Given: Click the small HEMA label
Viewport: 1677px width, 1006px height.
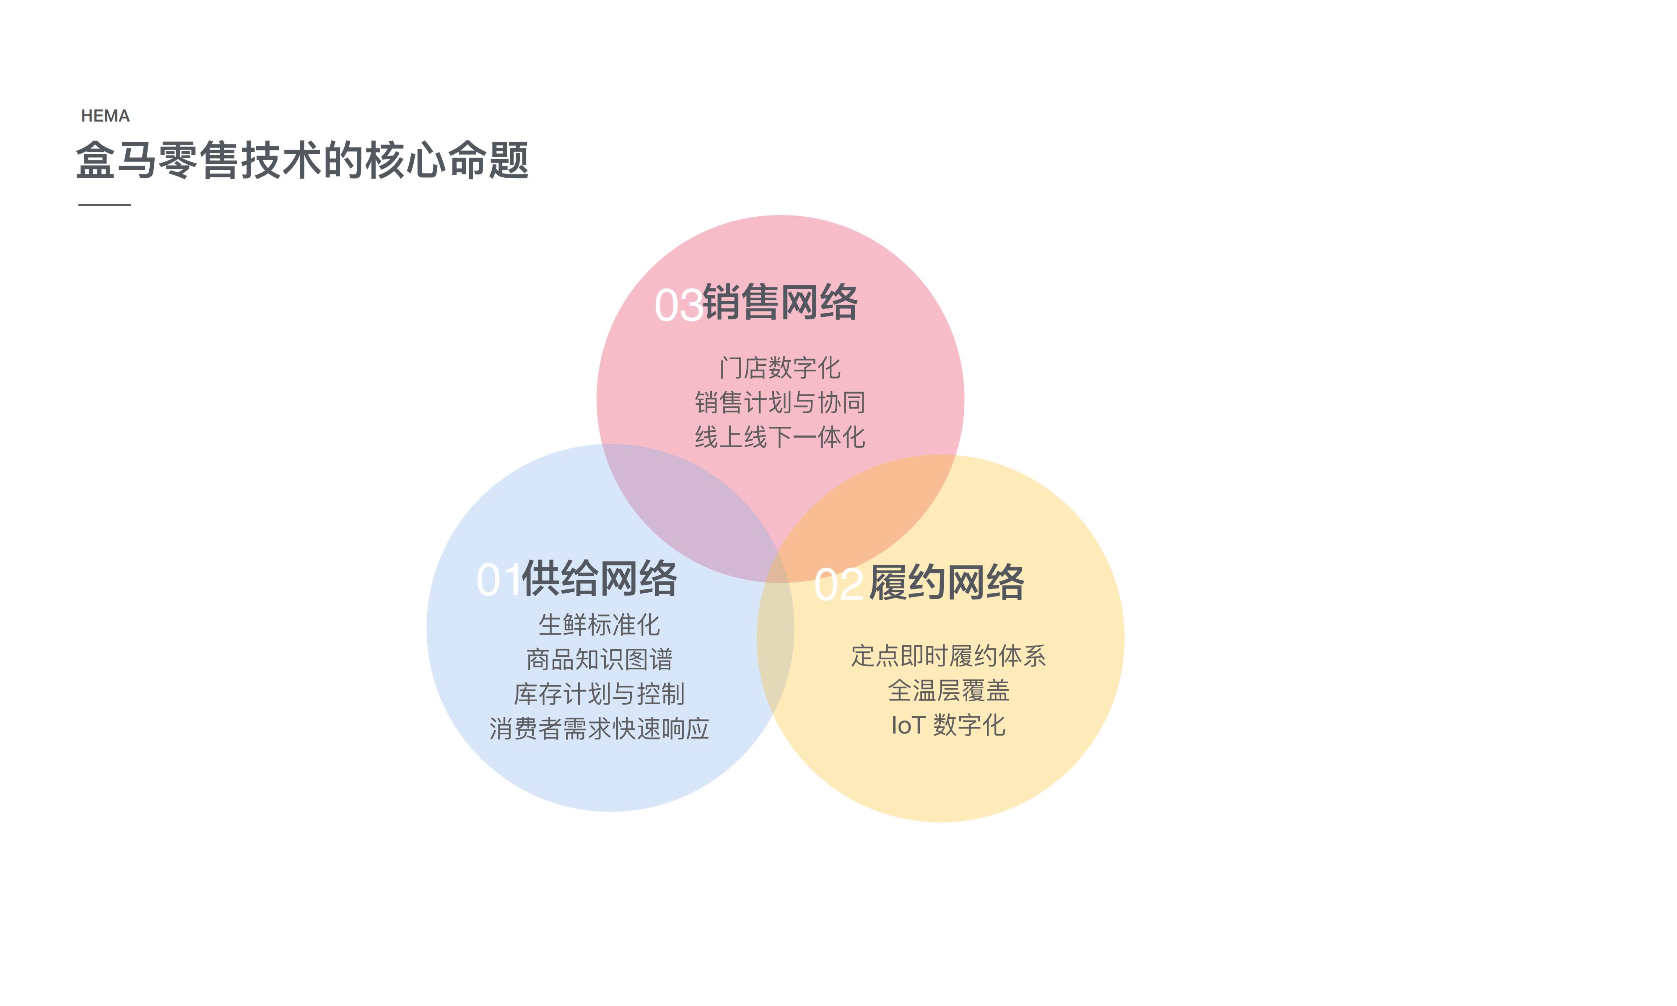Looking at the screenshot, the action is pos(105,116).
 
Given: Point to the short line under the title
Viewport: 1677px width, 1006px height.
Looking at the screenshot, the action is pos(104,204).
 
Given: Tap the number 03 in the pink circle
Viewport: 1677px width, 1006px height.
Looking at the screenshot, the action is pos(678,305).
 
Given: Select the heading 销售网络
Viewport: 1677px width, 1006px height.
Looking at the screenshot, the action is pos(780,302).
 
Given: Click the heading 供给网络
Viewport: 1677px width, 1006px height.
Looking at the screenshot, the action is pos(599,578).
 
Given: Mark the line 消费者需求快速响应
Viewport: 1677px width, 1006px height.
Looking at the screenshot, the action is pos(599,729).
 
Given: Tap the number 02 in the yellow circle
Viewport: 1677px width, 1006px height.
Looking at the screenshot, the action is pos(838,584).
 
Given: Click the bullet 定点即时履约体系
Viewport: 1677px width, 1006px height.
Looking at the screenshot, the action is pos(948,656).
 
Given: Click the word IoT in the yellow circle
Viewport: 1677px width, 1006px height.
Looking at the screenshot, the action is pos(908,725).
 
